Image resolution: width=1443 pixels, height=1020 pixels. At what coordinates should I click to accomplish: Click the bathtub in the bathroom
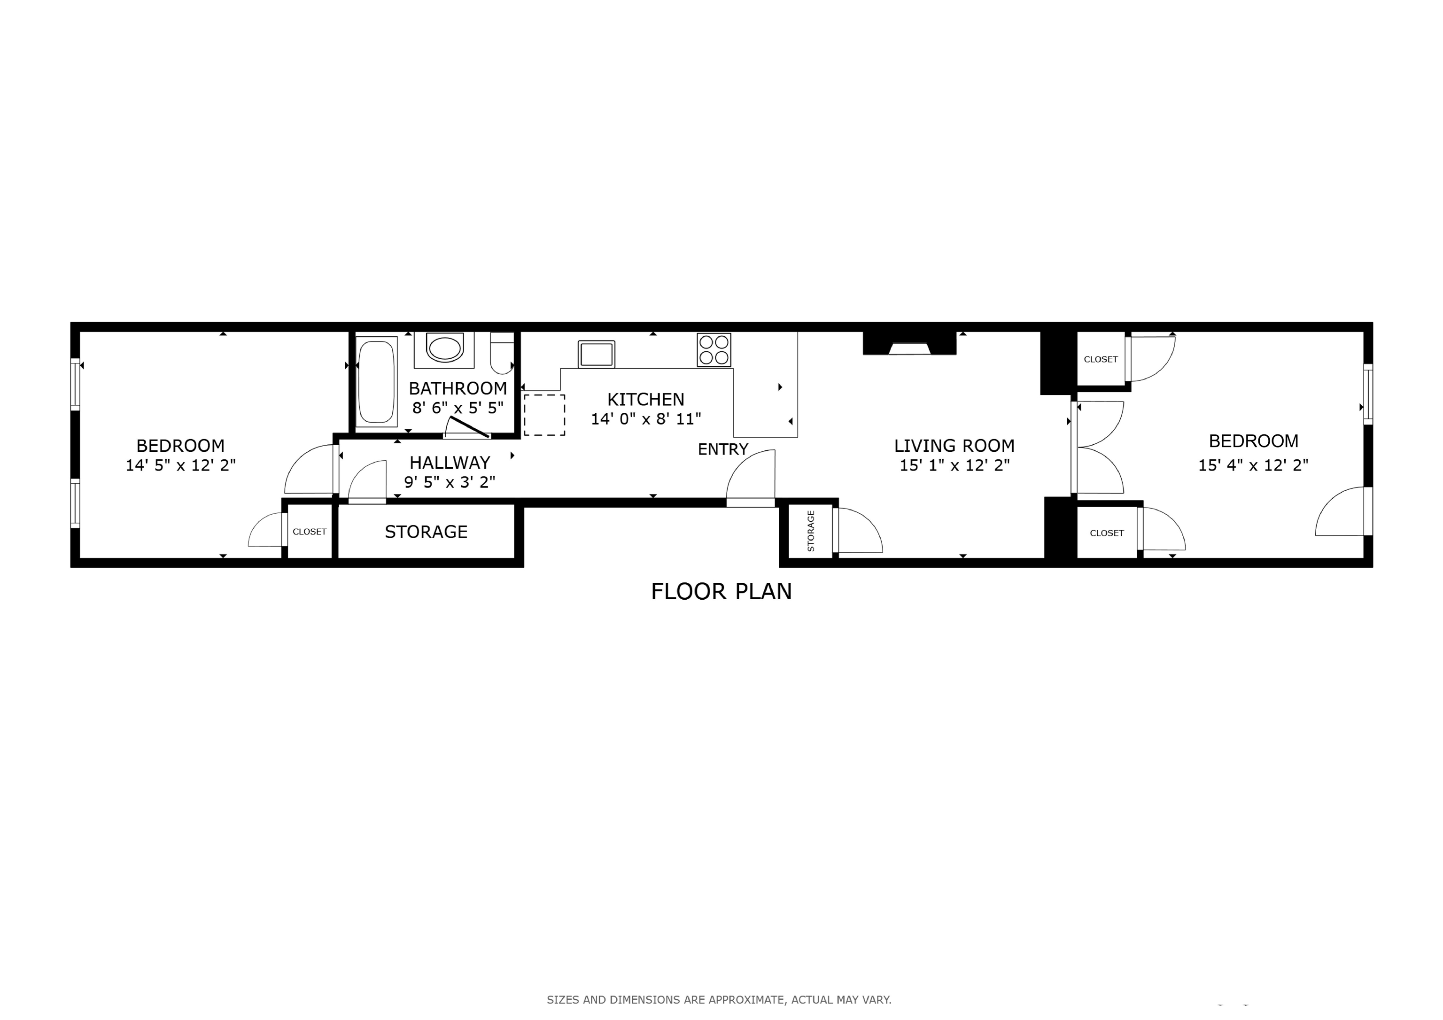tap(376, 381)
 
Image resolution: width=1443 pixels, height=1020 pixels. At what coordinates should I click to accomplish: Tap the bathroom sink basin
tap(444, 348)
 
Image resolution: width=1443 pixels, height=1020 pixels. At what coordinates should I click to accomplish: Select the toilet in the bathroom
tap(502, 353)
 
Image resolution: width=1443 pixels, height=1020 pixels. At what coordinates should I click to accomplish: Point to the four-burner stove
tap(714, 350)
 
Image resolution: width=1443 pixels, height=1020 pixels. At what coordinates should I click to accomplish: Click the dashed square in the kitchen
tap(544, 415)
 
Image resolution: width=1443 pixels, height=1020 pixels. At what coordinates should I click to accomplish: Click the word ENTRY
tap(723, 449)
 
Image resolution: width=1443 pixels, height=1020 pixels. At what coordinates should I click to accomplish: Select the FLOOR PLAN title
tap(721, 591)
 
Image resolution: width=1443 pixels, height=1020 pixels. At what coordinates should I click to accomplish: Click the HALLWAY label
tap(450, 463)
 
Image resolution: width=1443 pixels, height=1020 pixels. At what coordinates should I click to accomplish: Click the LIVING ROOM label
tap(954, 446)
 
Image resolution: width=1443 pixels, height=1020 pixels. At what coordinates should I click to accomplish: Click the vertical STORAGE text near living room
tap(810, 531)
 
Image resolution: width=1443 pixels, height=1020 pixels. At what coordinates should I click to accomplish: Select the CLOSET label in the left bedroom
tap(309, 532)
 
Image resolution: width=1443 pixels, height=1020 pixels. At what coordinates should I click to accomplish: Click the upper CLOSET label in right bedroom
tap(1101, 359)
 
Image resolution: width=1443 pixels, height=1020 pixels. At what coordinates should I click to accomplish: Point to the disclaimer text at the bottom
tap(718, 999)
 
